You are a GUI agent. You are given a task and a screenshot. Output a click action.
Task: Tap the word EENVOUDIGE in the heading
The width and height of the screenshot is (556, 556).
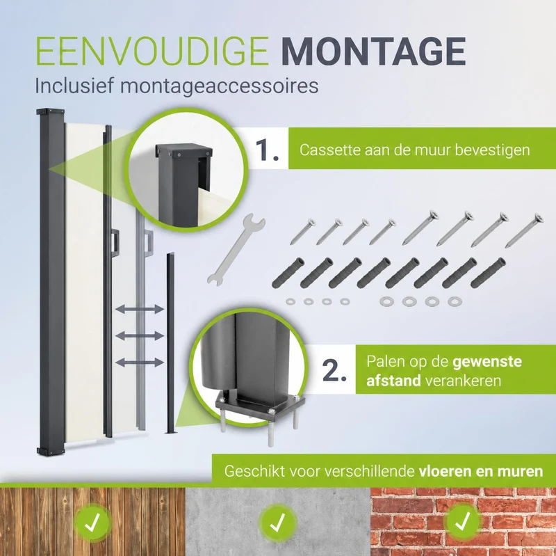pos(152,51)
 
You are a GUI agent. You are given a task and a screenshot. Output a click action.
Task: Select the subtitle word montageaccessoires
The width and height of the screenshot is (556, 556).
pos(219,86)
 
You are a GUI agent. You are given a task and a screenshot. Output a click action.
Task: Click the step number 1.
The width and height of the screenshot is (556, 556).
pos(267,150)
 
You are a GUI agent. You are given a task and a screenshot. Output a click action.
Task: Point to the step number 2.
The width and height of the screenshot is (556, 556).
pos(334,371)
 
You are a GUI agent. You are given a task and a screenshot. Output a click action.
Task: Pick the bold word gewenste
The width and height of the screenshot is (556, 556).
pos(487,362)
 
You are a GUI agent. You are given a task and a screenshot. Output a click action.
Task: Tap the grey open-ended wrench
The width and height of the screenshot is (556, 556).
pos(236,249)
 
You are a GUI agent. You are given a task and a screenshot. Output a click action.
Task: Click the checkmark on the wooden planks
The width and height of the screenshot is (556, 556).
pos(92,522)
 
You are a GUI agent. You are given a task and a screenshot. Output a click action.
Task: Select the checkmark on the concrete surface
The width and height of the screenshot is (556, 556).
pos(278,523)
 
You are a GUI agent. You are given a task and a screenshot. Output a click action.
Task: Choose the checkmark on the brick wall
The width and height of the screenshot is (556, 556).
pos(463,521)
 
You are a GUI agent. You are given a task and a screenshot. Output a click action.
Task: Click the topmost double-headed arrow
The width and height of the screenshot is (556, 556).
pos(140,309)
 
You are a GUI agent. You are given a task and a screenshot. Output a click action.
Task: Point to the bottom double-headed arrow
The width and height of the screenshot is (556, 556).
pos(140,363)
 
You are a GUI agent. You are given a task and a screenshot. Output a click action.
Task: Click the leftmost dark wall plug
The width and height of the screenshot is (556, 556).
pos(288,272)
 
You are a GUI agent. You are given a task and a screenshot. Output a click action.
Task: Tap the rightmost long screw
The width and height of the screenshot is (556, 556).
pos(524,230)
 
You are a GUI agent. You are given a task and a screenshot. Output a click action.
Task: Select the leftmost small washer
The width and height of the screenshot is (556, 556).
pos(291,302)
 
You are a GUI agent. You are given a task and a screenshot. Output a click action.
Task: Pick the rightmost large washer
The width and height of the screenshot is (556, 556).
pos(455,302)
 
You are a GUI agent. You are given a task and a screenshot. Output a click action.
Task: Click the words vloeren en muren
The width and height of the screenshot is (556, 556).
pos(481,472)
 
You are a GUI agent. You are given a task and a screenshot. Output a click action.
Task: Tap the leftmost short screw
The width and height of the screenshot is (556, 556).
pos(303,232)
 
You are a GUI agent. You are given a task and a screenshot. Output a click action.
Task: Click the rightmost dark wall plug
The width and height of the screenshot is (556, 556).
pos(488,272)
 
